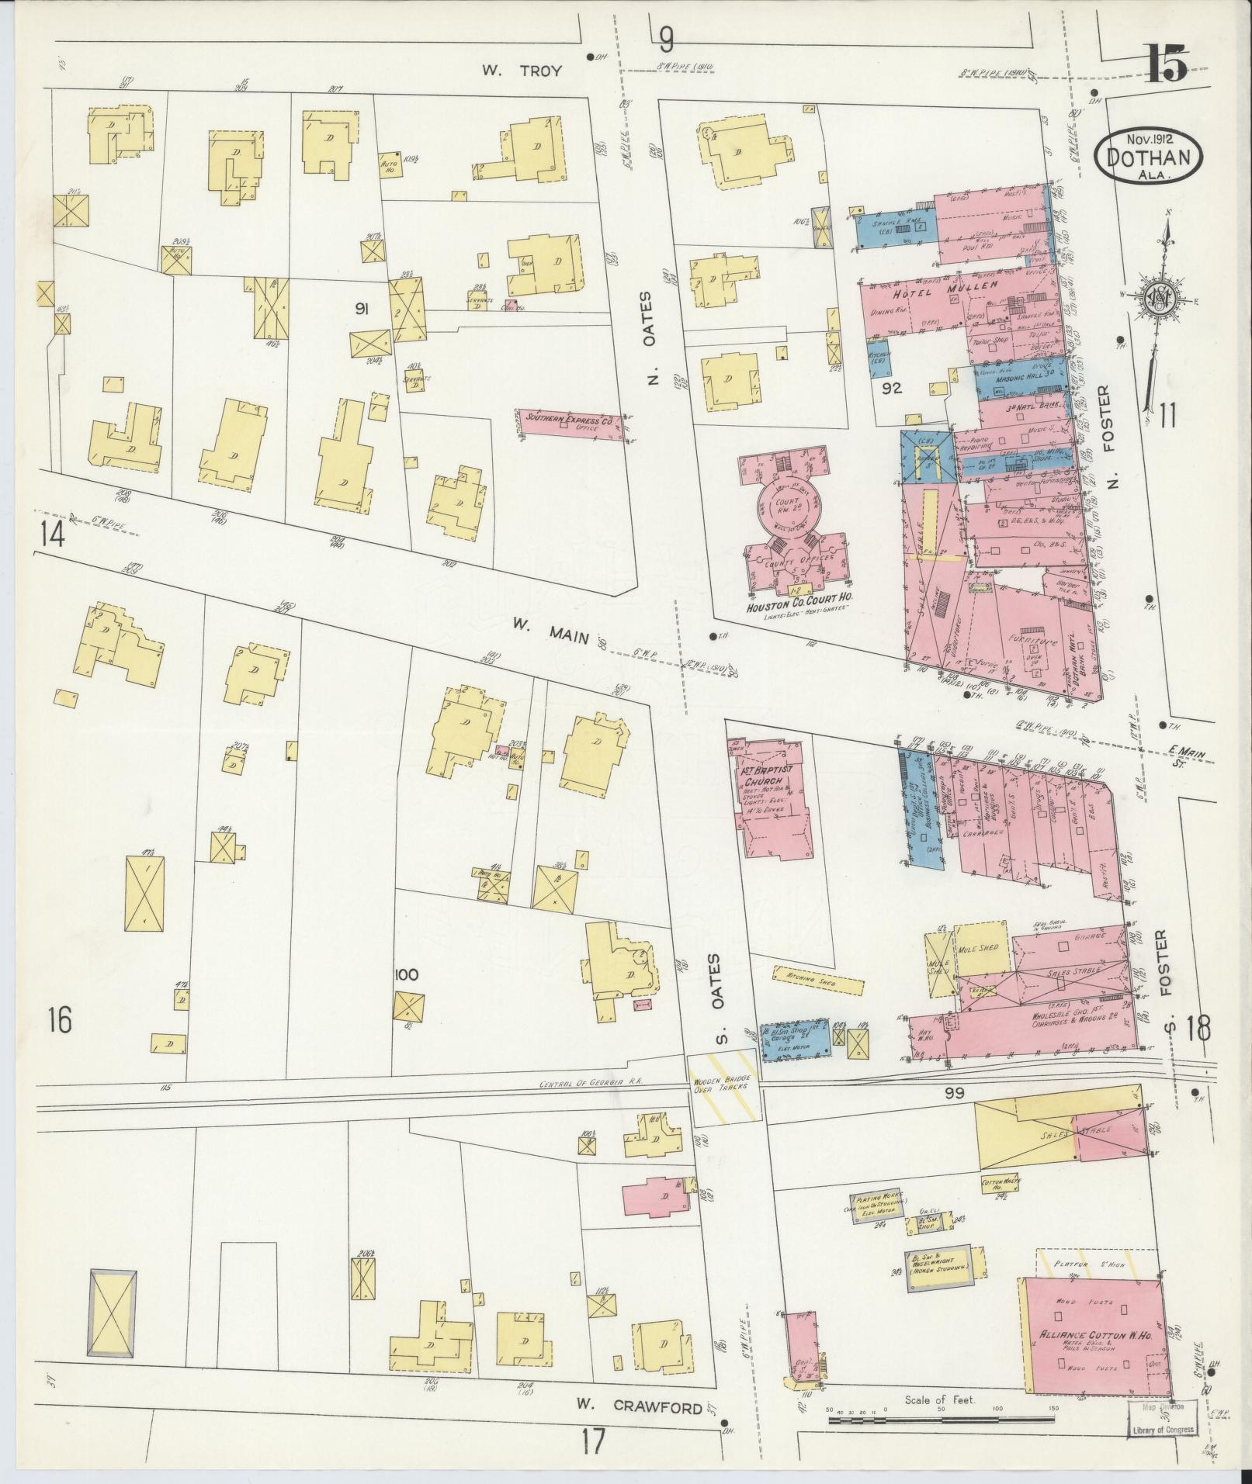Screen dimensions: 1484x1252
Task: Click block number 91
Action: pos(361,310)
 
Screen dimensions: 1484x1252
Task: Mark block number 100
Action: pos(406,974)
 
